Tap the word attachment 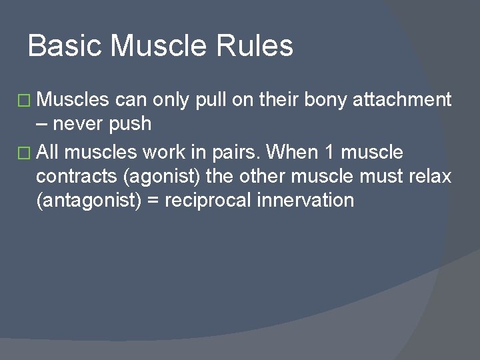tap(403, 100)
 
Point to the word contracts tap(77, 177)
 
